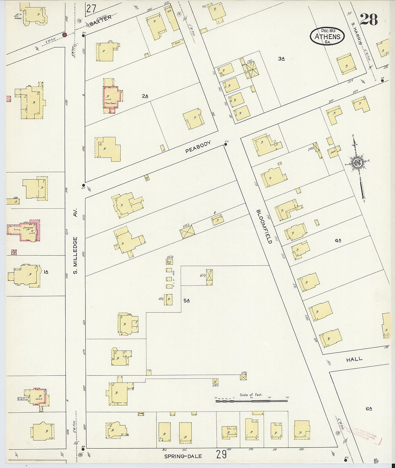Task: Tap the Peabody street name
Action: tap(198, 147)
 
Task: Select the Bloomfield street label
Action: tap(264, 226)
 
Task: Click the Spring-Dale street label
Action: tap(183, 457)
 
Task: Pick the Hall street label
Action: tap(354, 359)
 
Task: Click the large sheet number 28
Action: tap(369, 20)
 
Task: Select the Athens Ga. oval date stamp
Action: tap(327, 36)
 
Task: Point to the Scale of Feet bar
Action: tap(251, 399)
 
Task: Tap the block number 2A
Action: tap(145, 96)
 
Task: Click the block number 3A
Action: tap(281, 58)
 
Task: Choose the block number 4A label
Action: tap(338, 241)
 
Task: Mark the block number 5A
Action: tap(186, 301)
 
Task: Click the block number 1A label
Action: tap(46, 272)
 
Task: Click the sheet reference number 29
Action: tap(222, 455)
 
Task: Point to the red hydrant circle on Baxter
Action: tap(64, 35)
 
